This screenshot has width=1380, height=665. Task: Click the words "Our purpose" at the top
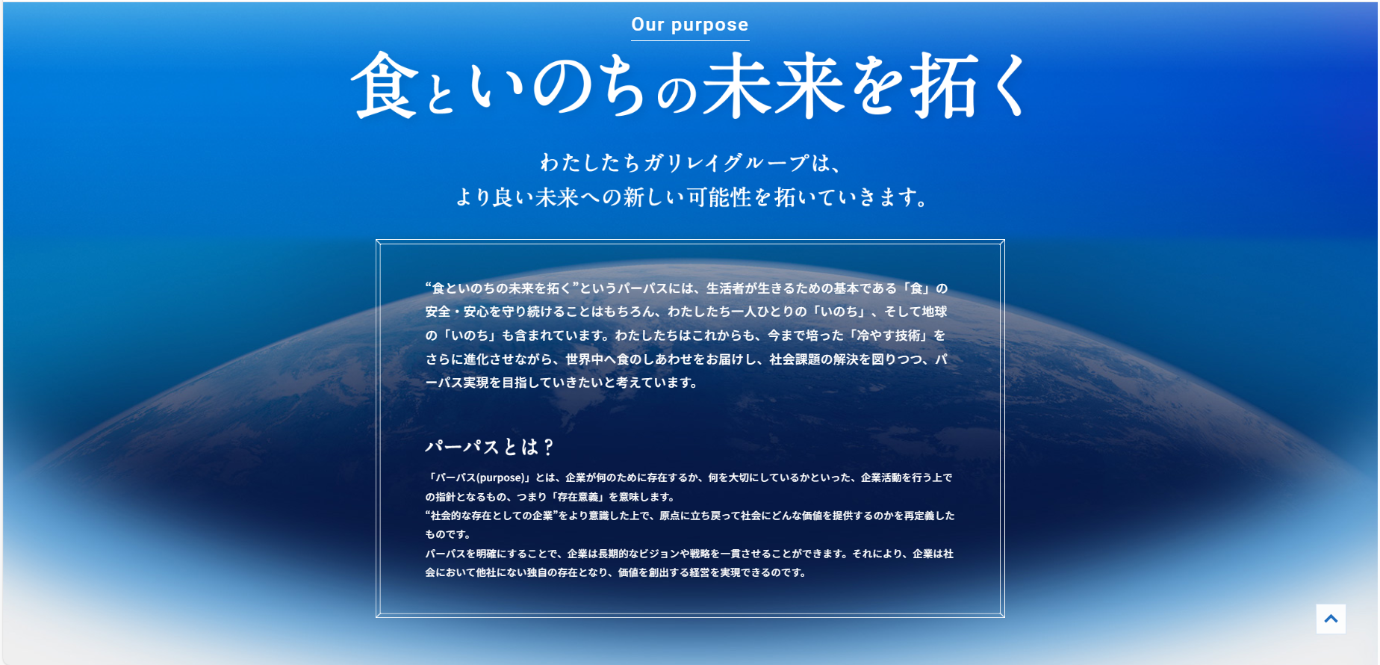[689, 25]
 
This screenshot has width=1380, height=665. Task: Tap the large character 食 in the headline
[385, 85]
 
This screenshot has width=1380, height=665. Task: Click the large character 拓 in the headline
[943, 85]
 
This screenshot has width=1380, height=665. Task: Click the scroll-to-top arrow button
[1331, 619]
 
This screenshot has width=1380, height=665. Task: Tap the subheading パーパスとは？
[489, 447]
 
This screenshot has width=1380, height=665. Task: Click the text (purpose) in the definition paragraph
[500, 478]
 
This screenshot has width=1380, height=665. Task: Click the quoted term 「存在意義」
[578, 497]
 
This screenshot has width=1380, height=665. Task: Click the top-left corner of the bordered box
[377, 241]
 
